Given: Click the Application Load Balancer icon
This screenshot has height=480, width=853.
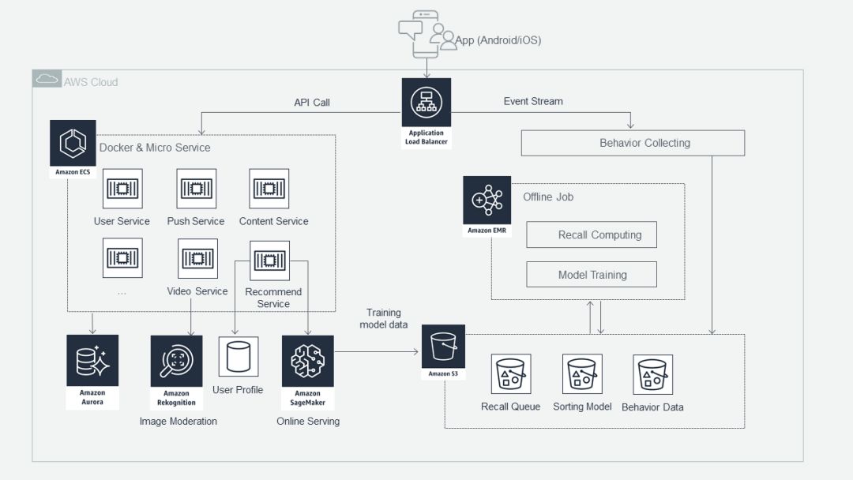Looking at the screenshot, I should tap(426, 103).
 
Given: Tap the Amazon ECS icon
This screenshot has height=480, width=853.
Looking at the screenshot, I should tap(73, 143).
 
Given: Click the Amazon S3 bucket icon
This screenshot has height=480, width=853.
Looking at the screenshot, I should tap(443, 345).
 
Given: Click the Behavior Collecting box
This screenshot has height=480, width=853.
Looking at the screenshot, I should tap(633, 143).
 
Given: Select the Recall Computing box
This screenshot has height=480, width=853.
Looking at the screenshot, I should tap(592, 234).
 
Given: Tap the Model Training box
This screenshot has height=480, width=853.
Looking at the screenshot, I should tap(592, 275).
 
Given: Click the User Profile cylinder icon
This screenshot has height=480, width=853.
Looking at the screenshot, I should tap(237, 356).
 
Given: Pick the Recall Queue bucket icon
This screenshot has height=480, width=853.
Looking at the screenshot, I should tap(510, 374).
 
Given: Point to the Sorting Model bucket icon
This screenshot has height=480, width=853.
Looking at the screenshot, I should tap(582, 374).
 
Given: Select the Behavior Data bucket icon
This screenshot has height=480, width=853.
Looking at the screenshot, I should tap(652, 374).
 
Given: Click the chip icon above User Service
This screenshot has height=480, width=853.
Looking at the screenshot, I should tap(122, 188).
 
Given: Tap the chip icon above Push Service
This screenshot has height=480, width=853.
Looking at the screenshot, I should tap(196, 188).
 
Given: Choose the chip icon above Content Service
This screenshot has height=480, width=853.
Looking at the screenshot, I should tap(269, 188).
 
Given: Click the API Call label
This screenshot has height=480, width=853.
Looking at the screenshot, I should tap(311, 102).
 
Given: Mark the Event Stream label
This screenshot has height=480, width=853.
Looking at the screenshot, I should tap(533, 101).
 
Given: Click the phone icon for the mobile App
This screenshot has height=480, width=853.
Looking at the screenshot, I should tap(422, 33).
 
